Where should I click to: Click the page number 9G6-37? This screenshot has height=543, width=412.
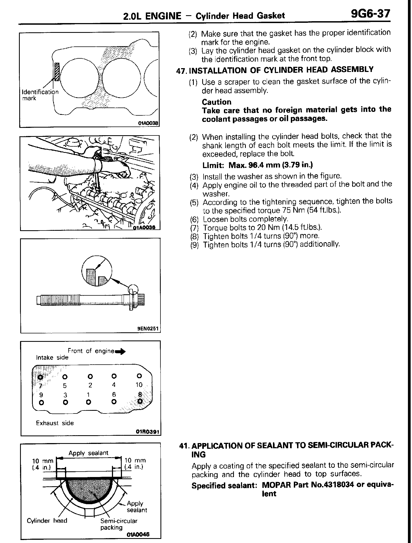[371, 13]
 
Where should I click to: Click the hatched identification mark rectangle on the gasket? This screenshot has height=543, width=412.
[57, 72]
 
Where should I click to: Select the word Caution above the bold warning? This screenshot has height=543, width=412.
[217, 102]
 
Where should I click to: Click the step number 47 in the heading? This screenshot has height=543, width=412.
[181, 71]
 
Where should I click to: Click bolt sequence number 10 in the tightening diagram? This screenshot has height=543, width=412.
[139, 385]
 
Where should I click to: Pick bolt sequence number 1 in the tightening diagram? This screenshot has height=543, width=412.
[88, 395]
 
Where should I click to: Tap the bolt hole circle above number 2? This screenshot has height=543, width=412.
[91, 377]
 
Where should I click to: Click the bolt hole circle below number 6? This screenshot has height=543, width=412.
[114, 402]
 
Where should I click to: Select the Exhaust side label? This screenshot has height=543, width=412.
[55, 423]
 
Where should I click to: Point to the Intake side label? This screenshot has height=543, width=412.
[52, 358]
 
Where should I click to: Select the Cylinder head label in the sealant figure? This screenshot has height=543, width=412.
[47, 520]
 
